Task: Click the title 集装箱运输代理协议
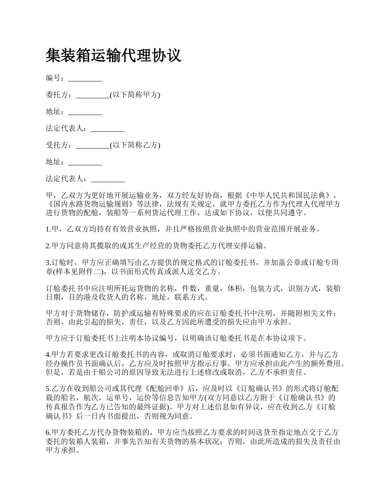[113, 56]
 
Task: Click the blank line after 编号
[85, 78]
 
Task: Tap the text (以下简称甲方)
[135, 95]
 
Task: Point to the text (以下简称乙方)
[135, 145]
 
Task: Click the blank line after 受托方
[93, 146]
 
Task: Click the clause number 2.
[48, 246]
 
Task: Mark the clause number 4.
[48, 354]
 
